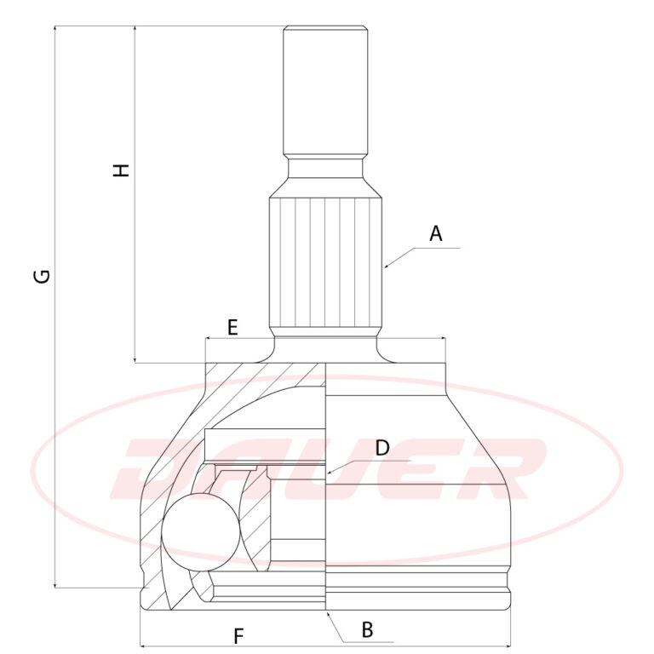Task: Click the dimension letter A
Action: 435,233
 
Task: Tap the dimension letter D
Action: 382,448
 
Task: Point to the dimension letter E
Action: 232,327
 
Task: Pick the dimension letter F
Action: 238,636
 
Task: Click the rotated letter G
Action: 42,276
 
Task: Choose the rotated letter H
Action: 122,170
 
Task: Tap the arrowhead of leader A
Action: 387,266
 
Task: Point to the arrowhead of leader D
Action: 330,472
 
